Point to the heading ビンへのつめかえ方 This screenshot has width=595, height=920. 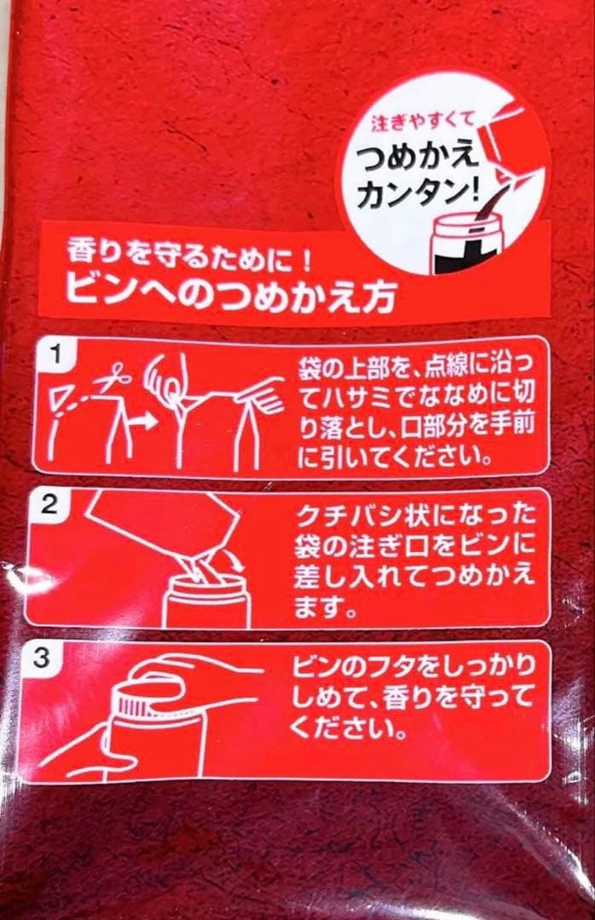pos(230,296)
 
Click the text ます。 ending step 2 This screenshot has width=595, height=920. pos(324,607)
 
